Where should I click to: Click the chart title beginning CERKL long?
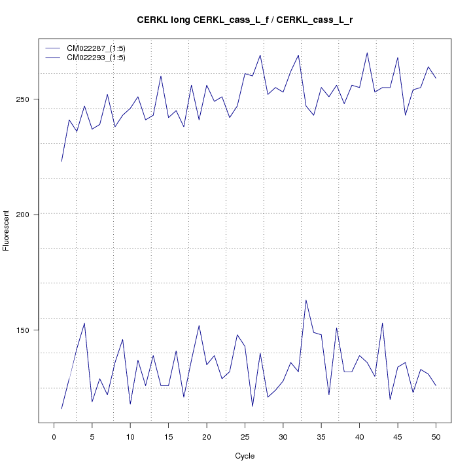pos(245,20)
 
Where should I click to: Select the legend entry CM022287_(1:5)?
pos(101,48)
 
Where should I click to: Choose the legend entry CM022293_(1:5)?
pos(101,58)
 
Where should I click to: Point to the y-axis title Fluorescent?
pos(7,230)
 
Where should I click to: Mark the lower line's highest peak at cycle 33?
pos(305,300)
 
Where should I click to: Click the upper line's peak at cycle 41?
pos(367,53)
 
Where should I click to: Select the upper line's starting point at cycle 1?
pos(61,161)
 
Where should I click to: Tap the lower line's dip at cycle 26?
pos(253,406)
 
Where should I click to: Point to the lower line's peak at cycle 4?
pos(84,323)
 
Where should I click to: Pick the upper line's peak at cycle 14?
pos(161,76)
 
